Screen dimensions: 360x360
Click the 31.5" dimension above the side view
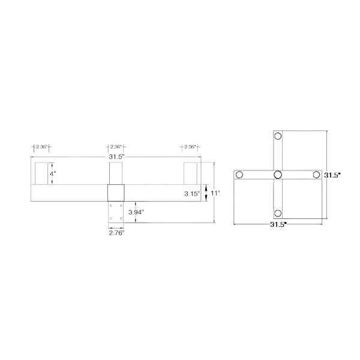[x=116, y=157]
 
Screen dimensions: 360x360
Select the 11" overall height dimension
[x=215, y=193]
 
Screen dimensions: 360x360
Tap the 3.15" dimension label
[x=191, y=193]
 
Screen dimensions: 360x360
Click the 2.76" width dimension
[x=116, y=233]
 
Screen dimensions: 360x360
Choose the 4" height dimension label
[x=53, y=173]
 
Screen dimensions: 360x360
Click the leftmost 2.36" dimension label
[x=41, y=146]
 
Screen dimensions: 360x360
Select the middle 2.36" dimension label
[x=116, y=146]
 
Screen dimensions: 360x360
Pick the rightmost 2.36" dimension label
[x=190, y=146]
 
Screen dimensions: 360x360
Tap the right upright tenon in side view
[x=190, y=173]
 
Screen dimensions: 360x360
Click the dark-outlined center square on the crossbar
[x=116, y=193]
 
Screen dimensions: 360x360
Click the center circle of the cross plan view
[x=278, y=175]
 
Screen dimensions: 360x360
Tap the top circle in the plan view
[x=278, y=137]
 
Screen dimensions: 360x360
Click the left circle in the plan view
[x=239, y=175]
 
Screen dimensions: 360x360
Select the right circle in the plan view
[x=316, y=175]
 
